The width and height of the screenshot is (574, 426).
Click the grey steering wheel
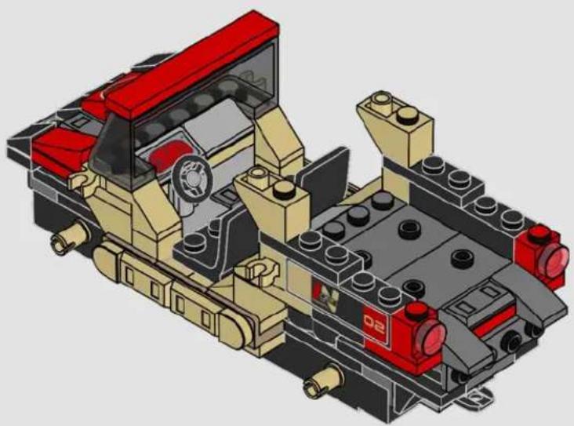192,177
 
